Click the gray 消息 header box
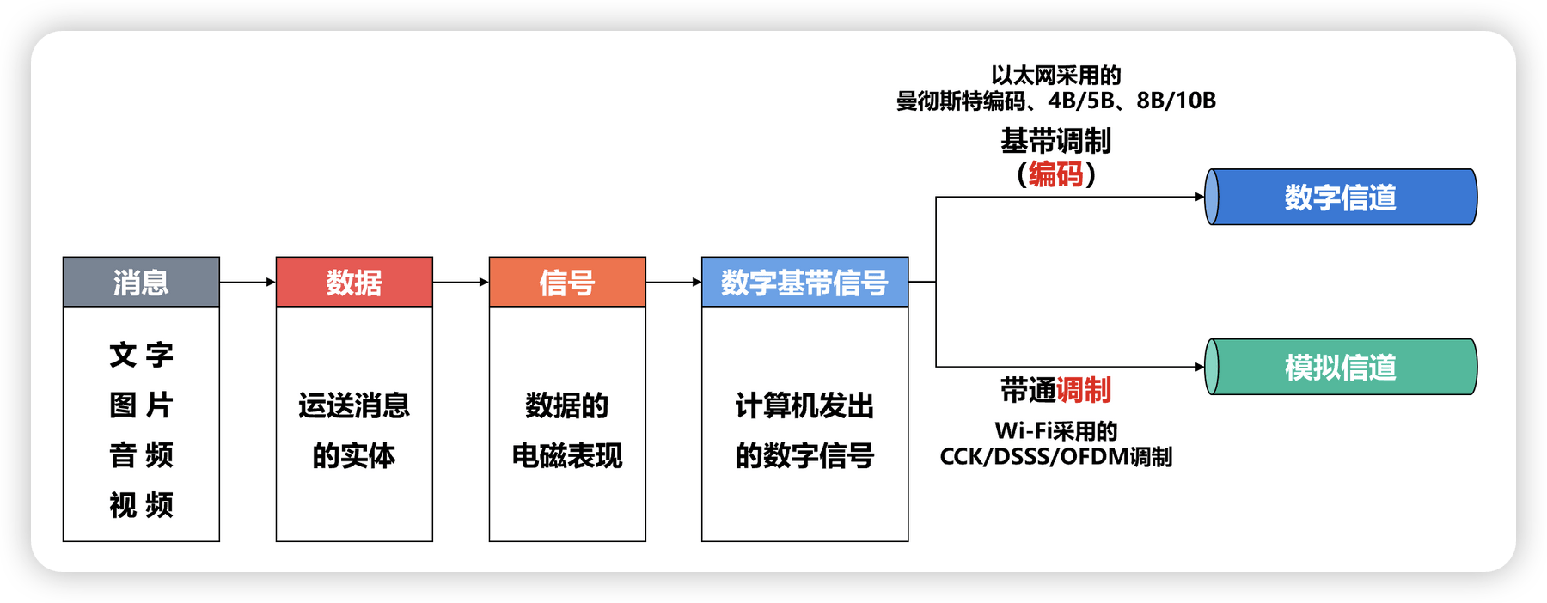(x=141, y=282)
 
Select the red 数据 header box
(x=354, y=282)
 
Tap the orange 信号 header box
(x=567, y=282)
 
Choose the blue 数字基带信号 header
(x=804, y=282)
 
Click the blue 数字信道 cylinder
(x=1341, y=198)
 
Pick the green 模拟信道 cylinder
(x=1341, y=367)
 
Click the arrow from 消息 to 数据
(x=248, y=282)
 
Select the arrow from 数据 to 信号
(x=461, y=282)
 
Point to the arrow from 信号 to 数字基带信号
(x=674, y=282)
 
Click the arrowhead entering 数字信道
(x=1200, y=197)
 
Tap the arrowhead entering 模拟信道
(x=1200, y=367)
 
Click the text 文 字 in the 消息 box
(x=141, y=355)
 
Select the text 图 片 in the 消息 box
(x=141, y=405)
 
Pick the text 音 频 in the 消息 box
(x=141, y=454)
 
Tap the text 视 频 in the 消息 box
(x=141, y=505)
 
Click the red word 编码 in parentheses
(x=1056, y=174)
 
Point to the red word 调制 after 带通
(x=1084, y=390)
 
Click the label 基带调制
(x=1056, y=141)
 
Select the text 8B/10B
(x=1176, y=101)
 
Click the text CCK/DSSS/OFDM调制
(x=1056, y=456)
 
